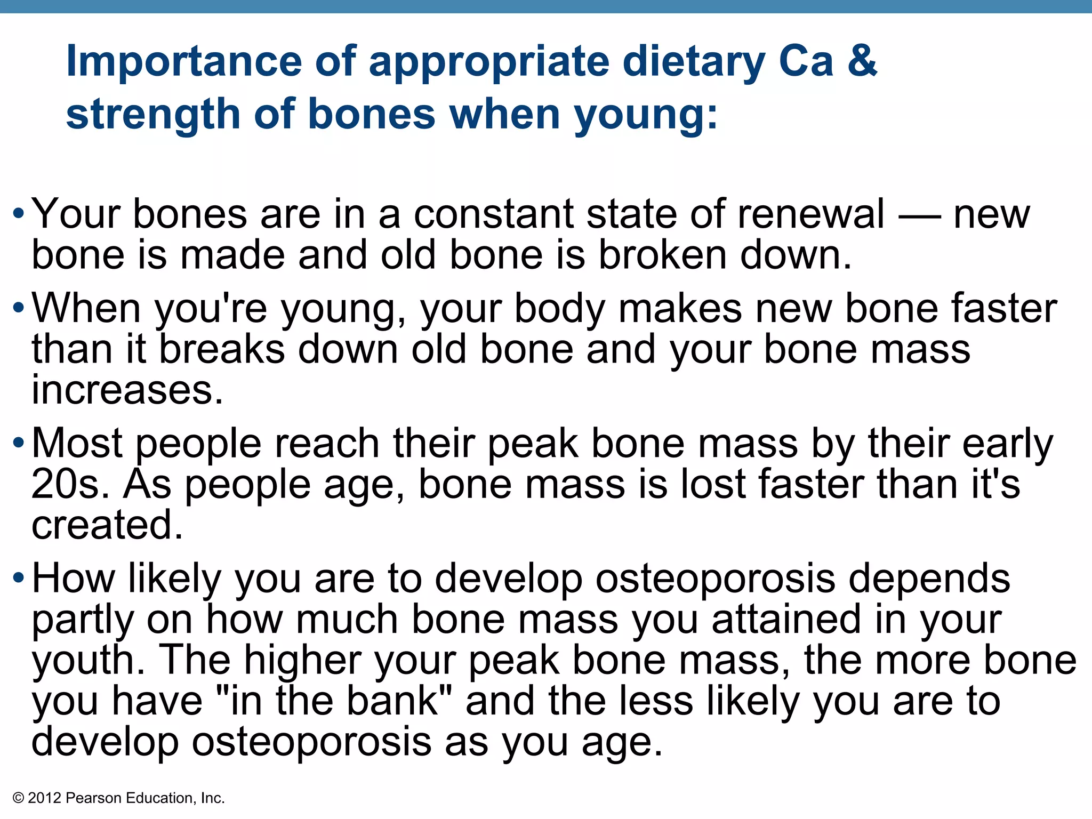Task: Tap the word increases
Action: (127, 390)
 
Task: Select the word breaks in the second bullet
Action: (222, 350)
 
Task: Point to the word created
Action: (107, 525)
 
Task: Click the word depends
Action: (929, 579)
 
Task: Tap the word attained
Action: (786, 620)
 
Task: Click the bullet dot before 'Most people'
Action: (19, 443)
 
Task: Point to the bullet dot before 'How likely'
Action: (19, 578)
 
